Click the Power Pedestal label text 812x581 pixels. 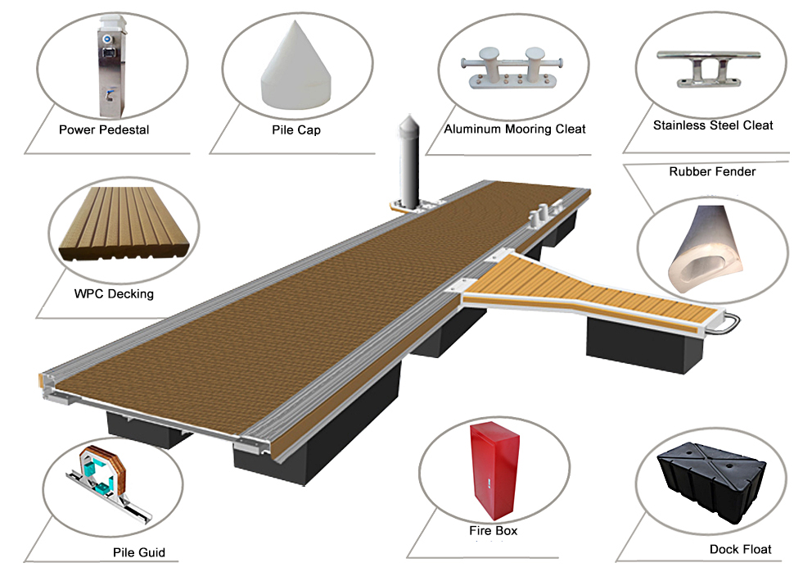click(x=104, y=129)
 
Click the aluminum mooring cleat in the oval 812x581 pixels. click(x=511, y=70)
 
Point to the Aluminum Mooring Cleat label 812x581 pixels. click(x=515, y=129)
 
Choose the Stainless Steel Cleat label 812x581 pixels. click(x=713, y=125)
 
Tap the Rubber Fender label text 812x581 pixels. click(x=712, y=171)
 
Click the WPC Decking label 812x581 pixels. click(x=114, y=293)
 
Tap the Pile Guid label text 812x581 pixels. click(x=139, y=552)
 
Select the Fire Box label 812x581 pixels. click(x=494, y=531)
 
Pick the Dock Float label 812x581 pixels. click(x=740, y=548)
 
